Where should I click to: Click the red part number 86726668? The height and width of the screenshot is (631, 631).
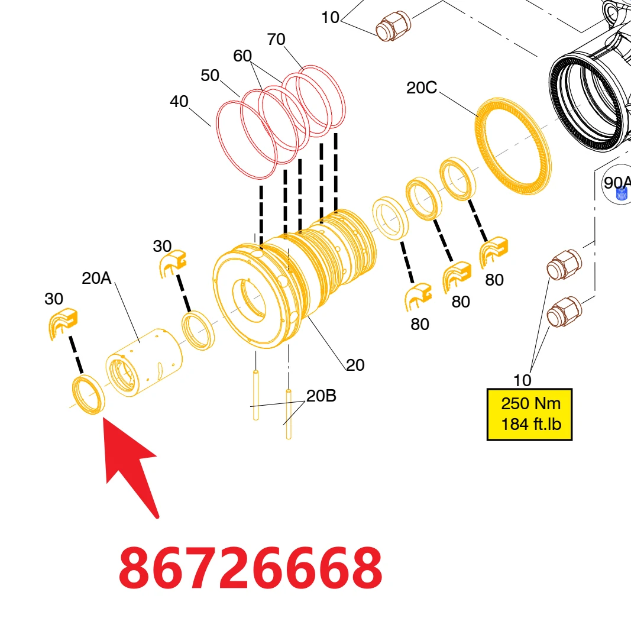click(250, 567)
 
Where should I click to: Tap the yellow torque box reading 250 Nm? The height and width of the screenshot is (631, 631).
click(530, 415)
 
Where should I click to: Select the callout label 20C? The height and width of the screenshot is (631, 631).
click(421, 88)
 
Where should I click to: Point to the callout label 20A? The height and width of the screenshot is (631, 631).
click(96, 278)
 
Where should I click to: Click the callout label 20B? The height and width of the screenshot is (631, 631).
click(321, 396)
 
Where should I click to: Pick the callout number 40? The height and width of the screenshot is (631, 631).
click(179, 101)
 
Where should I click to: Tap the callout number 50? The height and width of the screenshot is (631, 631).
click(210, 75)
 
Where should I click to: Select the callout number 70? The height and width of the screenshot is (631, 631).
click(276, 40)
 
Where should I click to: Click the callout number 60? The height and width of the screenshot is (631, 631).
click(242, 56)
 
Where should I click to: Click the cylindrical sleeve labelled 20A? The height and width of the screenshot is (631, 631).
click(144, 363)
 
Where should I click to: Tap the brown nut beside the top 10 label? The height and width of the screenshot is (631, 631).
click(393, 26)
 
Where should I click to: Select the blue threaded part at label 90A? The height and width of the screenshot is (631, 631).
click(622, 195)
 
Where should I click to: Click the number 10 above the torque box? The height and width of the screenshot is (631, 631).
click(522, 380)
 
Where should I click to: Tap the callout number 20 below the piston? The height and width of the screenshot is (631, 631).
click(355, 365)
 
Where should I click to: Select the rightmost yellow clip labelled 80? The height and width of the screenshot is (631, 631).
click(494, 251)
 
